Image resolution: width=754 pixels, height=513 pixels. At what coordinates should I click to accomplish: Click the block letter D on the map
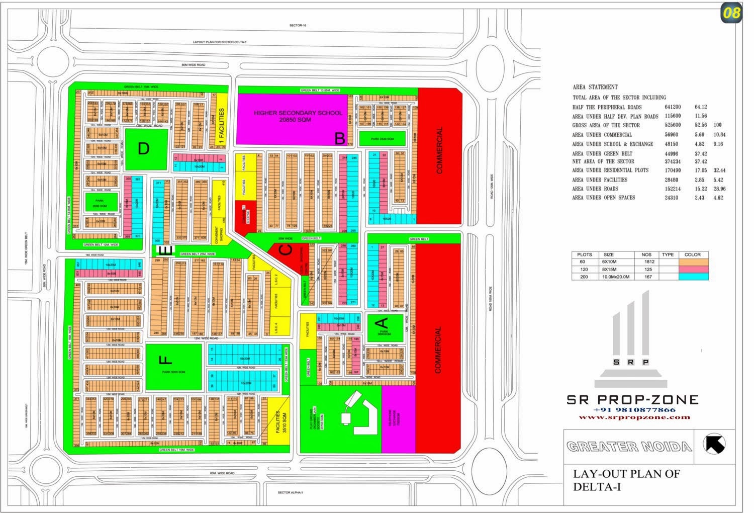[144, 149]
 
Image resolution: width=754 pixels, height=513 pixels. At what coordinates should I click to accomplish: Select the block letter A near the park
[382, 322]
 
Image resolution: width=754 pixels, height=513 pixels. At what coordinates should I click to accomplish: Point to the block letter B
[340, 138]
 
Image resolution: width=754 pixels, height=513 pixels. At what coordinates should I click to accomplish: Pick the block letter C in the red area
[286, 250]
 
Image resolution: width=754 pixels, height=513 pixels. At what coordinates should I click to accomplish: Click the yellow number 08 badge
[731, 13]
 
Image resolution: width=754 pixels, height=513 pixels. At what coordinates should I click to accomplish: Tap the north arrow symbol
[715, 444]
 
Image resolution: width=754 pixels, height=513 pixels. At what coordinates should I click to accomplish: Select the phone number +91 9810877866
[634, 410]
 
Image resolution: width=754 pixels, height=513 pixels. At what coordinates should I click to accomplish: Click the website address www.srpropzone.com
[634, 417]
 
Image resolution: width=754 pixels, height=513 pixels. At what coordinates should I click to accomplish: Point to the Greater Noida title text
[629, 447]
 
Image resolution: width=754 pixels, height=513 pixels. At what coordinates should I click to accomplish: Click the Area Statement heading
[595, 87]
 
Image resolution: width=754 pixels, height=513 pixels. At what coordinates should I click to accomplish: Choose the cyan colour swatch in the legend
[693, 277]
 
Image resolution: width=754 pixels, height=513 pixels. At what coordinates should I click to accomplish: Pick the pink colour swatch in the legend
[693, 269]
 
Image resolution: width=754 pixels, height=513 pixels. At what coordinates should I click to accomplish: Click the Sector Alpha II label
[291, 492]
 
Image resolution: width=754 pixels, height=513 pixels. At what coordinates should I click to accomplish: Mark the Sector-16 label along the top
[298, 25]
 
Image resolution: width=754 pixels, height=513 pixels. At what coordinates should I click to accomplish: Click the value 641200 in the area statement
[672, 107]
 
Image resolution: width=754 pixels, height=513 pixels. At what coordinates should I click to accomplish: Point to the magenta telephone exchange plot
[398, 419]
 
